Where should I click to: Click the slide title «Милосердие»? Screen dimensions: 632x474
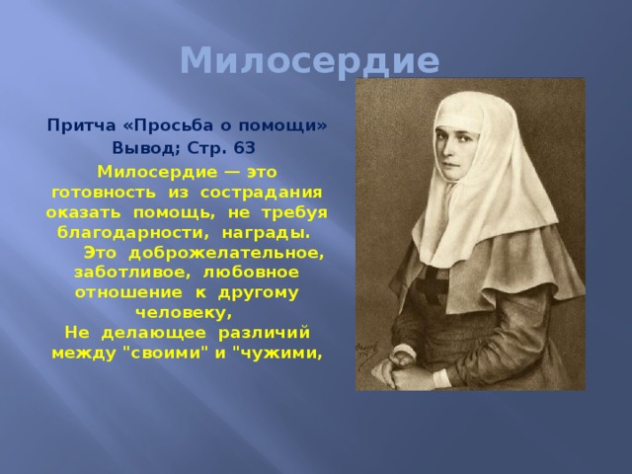pyautogui.click(x=309, y=61)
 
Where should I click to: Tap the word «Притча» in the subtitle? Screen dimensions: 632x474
pyautogui.click(x=81, y=125)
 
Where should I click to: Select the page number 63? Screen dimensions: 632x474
pyautogui.click(x=244, y=148)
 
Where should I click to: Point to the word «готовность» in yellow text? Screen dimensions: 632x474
pyautogui.click(x=104, y=193)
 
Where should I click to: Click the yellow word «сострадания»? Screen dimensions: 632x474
pyautogui.click(x=261, y=193)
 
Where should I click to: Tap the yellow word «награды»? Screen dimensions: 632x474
pyautogui.click(x=266, y=233)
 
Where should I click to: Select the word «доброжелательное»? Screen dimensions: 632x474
pyautogui.click(x=226, y=254)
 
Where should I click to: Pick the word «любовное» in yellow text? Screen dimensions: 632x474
pyautogui.click(x=251, y=273)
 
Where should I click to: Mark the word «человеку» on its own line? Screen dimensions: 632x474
pyautogui.click(x=184, y=313)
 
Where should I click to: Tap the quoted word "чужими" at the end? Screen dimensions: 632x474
pyautogui.click(x=277, y=354)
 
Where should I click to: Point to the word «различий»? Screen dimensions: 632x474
pyautogui.click(x=264, y=334)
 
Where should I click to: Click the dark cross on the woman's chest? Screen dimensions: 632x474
pyautogui.click(x=433, y=284)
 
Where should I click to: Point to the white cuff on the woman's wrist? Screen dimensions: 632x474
pyautogui.click(x=441, y=378)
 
